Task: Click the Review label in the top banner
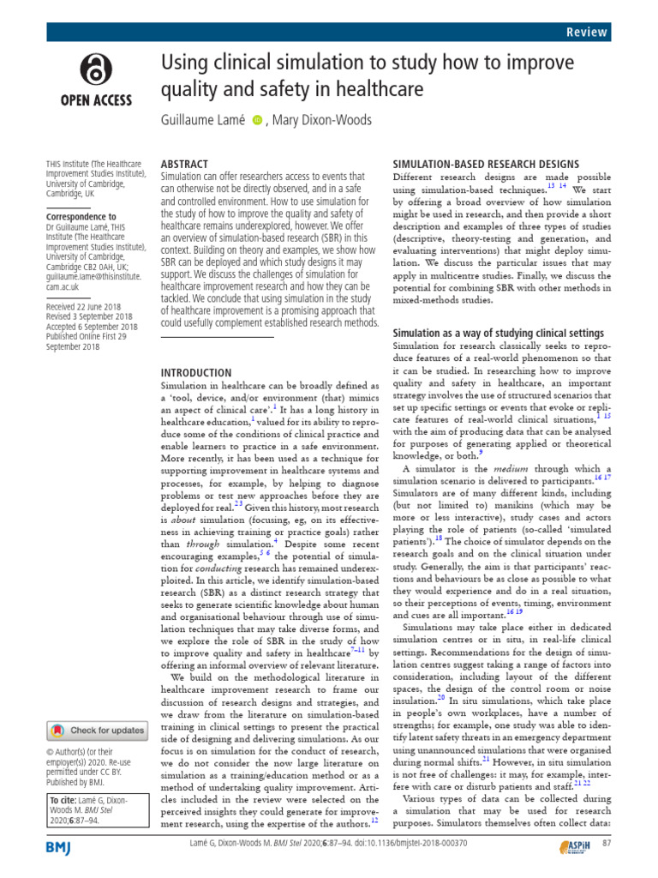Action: pyautogui.click(x=587, y=32)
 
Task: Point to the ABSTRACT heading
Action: pyautogui.click(x=185, y=164)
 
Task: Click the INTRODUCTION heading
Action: pyautogui.click(x=196, y=373)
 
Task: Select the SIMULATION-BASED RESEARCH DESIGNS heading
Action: pyautogui.click(x=486, y=164)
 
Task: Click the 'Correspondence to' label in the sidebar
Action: pyautogui.click(x=81, y=217)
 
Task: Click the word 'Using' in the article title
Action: pyautogui.click(x=184, y=64)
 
